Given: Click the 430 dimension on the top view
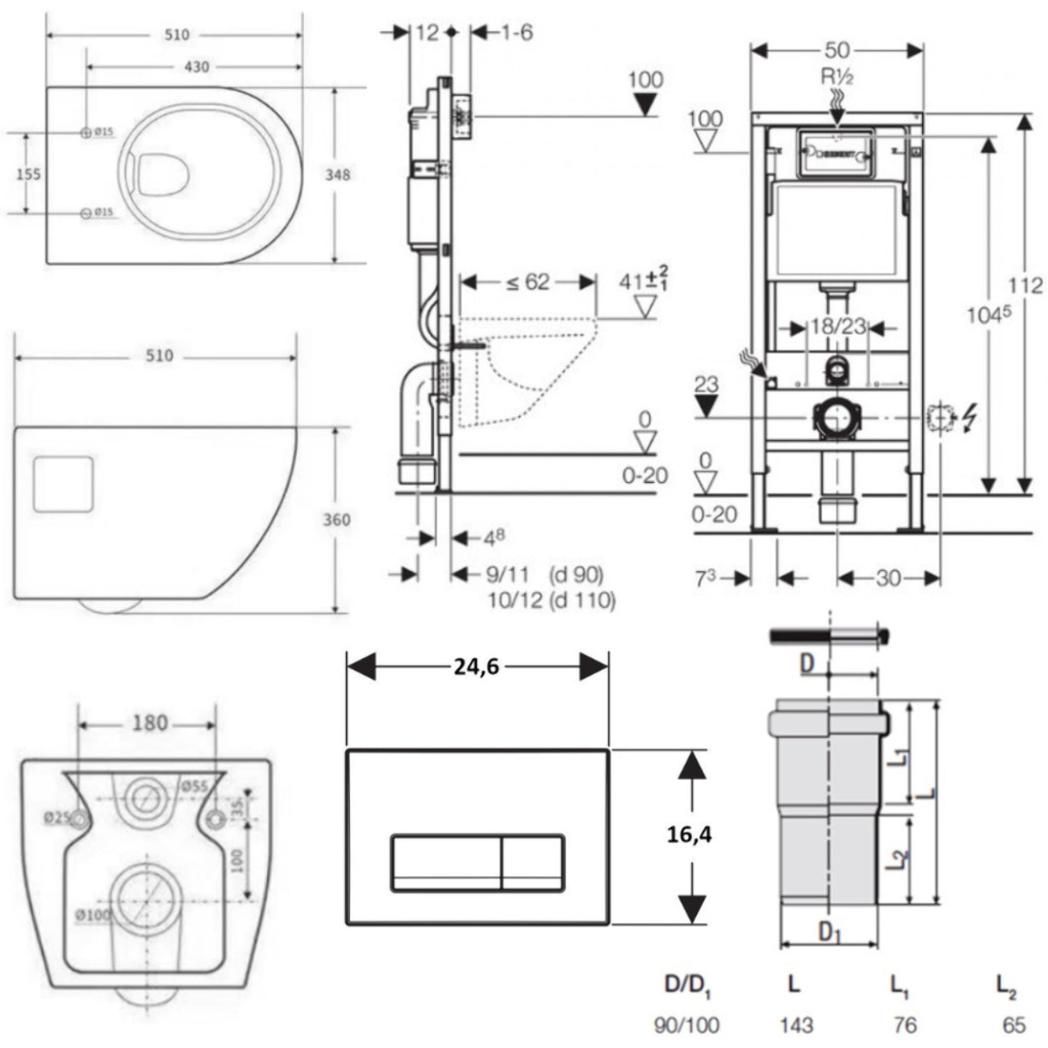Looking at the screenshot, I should tap(196, 66).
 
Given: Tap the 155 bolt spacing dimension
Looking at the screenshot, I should tap(28, 173).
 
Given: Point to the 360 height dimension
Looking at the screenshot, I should tap(336, 520).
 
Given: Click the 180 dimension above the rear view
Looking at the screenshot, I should tap(149, 723).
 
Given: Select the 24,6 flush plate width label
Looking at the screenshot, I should tap(477, 666).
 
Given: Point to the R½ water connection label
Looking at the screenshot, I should tap(837, 77).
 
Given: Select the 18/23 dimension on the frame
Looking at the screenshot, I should tap(838, 326).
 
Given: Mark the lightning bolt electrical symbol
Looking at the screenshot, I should tap(970, 419).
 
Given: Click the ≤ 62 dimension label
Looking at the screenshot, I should tap(527, 282).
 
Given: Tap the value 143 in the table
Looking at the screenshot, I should tap(795, 1024).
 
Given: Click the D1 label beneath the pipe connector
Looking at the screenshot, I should tap(827, 932).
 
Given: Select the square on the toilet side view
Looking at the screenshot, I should tap(63, 484).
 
